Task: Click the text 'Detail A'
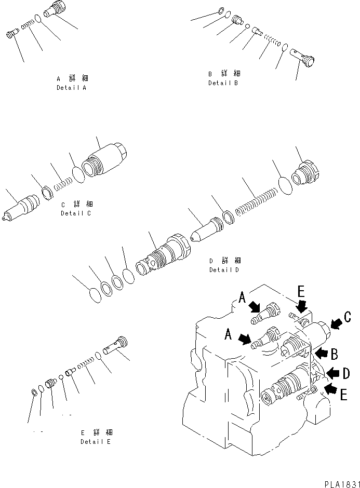point(72,88)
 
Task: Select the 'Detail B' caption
point(223,83)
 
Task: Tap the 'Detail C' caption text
point(76,213)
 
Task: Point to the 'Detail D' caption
point(224,270)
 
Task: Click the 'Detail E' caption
point(96,442)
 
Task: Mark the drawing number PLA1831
point(340,482)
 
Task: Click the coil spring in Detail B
point(271,39)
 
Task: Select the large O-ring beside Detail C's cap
point(77,174)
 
